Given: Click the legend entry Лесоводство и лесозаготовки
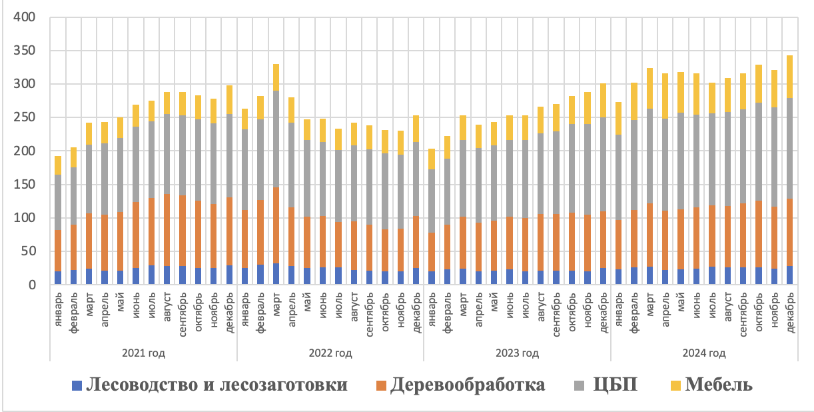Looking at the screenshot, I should pyautogui.click(x=217, y=385).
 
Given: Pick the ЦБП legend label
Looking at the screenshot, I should pyautogui.click(x=615, y=385).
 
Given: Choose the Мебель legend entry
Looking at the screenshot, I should pyautogui.click(x=719, y=385).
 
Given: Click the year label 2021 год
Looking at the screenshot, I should pyautogui.click(x=145, y=352).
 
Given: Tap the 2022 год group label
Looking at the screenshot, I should pyautogui.click(x=330, y=352).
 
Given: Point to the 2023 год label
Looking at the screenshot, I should pyautogui.click(x=517, y=352).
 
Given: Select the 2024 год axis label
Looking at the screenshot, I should pyautogui.click(x=704, y=352).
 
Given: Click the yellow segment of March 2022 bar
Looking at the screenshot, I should pyautogui.click(x=276, y=77).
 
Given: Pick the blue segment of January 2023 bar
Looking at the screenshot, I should pyautogui.click(x=431, y=278).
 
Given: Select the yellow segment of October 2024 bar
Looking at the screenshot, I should pyautogui.click(x=758, y=83).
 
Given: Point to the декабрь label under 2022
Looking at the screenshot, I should pyautogui.click(x=416, y=311).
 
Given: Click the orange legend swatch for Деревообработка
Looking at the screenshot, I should pyautogui.click(x=381, y=385).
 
